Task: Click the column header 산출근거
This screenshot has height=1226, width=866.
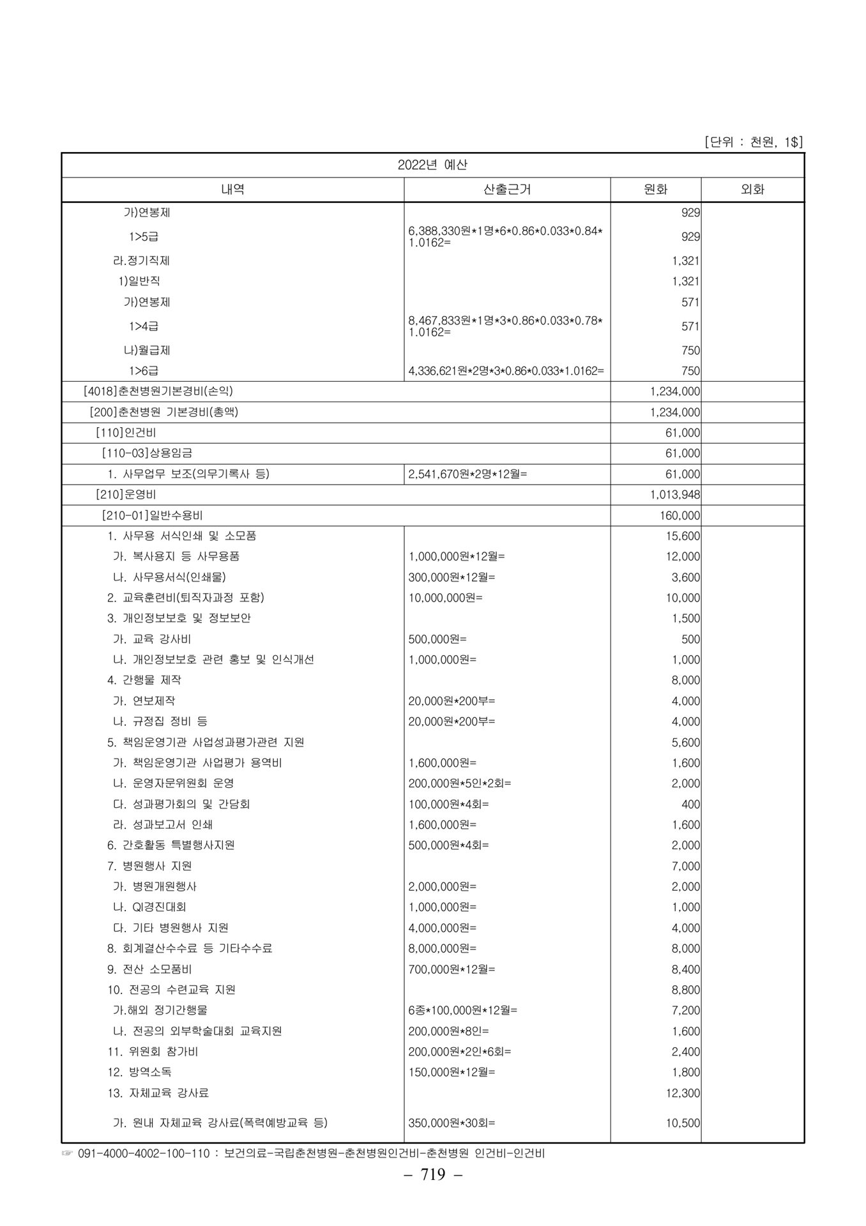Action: coord(507,190)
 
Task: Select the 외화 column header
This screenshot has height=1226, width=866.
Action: coord(752,190)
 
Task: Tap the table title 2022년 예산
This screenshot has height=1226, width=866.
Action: coord(432,165)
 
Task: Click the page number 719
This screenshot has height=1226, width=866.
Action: coord(433,1192)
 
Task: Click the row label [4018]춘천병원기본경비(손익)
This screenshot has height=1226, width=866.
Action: coord(162,391)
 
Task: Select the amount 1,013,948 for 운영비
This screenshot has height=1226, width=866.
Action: coord(674,495)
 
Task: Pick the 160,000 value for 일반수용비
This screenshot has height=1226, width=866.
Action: coord(680,515)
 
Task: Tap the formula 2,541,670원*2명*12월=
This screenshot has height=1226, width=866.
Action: coord(467,474)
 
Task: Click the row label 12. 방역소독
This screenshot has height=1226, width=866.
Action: coord(139,1072)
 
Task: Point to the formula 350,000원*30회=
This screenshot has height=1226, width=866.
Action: coord(452,1123)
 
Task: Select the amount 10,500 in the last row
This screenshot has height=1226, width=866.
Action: coord(683,1123)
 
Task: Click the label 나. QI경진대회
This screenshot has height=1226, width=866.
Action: coord(149,907)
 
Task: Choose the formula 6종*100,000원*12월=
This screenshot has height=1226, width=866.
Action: coord(463,1010)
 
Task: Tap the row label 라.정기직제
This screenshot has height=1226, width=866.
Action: coord(141,261)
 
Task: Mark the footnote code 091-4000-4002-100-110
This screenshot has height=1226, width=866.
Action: coord(144,1154)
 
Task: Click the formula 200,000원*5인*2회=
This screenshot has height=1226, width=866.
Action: coord(460,783)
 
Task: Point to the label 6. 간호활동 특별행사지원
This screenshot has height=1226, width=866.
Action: coord(171,845)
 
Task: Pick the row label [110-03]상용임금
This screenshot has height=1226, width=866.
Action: coord(147,453)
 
